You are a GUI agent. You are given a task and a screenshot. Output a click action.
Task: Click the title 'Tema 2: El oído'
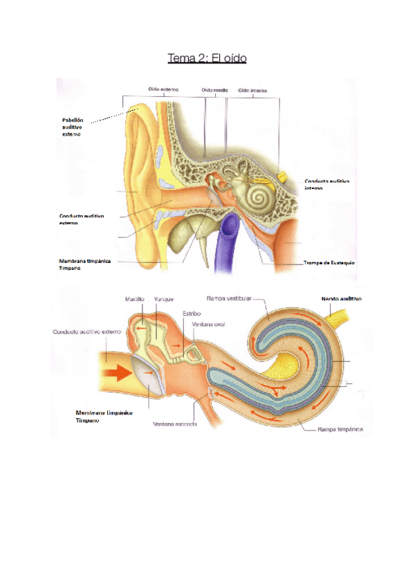click(x=207, y=58)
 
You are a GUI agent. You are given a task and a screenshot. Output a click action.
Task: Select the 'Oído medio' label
click(x=215, y=89)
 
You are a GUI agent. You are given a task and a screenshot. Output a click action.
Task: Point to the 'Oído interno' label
click(x=252, y=89)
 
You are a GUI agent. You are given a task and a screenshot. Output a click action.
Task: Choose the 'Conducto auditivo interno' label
click(x=326, y=184)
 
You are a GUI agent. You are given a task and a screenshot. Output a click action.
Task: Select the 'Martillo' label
click(x=135, y=299)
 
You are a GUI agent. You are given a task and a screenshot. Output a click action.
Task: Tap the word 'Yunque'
click(x=164, y=299)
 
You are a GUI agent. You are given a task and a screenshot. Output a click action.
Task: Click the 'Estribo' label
click(x=191, y=313)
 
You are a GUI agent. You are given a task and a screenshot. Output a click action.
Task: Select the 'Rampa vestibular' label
click(x=228, y=299)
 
